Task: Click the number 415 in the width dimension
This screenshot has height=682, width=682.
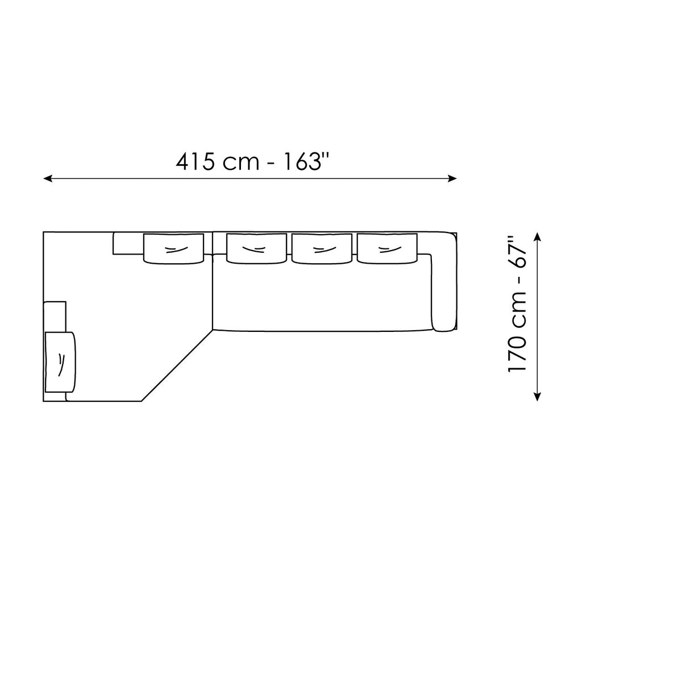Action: tap(196, 162)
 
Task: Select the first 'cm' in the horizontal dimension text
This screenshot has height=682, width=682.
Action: tap(241, 164)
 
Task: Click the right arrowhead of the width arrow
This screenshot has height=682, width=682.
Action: tap(451, 178)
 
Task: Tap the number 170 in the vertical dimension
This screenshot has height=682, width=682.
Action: tap(517, 352)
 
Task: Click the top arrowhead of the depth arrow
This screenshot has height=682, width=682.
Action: tap(537, 237)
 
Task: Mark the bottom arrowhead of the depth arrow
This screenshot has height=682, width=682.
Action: tap(537, 396)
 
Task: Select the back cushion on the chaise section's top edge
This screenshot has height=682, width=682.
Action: tap(173, 248)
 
